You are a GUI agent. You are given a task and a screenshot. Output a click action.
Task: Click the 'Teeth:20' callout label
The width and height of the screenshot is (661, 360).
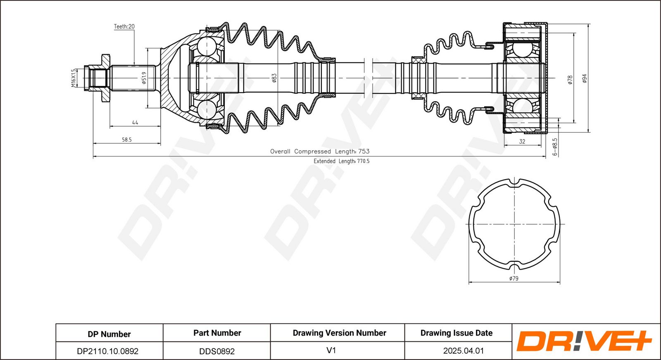(124, 26)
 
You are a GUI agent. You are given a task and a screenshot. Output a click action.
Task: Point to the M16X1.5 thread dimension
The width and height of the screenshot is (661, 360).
(74, 78)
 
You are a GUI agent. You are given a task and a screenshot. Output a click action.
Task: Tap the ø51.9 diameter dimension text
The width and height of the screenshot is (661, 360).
(144, 78)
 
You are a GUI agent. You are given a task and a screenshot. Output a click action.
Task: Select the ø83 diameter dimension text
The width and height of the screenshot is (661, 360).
(274, 78)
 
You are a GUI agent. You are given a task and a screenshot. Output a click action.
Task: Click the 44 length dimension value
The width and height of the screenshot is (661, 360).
(135, 122)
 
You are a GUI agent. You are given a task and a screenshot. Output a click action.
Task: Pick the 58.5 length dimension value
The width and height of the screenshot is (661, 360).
(127, 140)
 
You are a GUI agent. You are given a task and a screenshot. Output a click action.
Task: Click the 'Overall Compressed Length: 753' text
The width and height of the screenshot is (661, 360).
(320, 151)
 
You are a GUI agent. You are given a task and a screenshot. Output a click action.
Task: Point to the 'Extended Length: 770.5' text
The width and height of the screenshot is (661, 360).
(341, 161)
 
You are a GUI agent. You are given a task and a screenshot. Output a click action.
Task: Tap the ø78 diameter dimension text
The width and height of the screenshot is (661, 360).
(570, 80)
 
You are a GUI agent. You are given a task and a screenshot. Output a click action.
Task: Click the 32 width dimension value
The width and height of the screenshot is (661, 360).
(522, 142)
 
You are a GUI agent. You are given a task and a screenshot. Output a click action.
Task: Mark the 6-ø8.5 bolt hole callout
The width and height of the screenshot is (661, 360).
(555, 147)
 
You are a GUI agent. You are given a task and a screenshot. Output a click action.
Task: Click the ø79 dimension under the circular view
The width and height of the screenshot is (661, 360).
(514, 278)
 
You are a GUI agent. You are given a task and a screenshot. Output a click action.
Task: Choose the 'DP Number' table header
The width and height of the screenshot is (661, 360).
(109, 334)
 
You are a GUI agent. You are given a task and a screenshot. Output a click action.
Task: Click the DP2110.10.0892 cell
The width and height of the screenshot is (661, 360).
(108, 351)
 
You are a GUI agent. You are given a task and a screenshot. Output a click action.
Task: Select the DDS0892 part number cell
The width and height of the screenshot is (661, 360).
(217, 351)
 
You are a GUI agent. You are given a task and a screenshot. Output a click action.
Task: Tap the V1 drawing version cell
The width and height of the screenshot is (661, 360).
(331, 351)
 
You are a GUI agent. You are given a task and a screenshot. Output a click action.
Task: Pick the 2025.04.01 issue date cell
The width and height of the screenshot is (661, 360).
(464, 351)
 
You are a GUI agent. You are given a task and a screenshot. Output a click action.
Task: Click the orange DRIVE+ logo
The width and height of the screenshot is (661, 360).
(584, 341)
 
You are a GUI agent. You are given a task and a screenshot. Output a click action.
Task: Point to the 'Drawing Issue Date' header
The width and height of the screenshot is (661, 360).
(457, 333)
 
